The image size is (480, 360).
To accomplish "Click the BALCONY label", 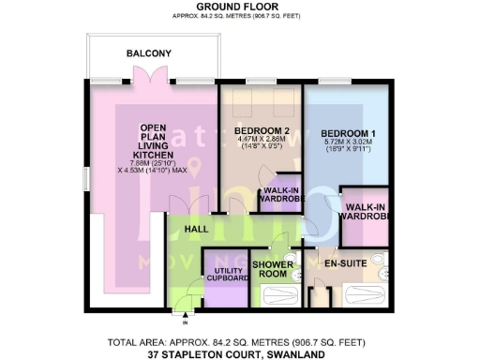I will (149, 54).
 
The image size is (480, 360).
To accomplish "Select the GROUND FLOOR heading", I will (239, 6).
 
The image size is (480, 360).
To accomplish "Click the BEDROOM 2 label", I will (262, 132).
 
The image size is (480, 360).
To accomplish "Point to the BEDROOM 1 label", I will (345, 132).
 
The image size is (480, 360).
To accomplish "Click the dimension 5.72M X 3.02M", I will (345, 142).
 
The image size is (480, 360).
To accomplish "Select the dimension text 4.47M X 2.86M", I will (262, 142).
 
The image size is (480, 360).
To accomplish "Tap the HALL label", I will (196, 229).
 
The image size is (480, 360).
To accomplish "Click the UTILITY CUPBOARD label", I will (224, 274).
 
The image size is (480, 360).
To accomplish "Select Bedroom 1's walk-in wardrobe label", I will (364, 212).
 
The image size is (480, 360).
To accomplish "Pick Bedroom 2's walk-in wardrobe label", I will (277, 197).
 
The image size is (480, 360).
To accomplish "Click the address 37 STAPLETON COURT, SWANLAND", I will (241, 354).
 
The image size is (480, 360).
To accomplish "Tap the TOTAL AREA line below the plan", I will (241, 342).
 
